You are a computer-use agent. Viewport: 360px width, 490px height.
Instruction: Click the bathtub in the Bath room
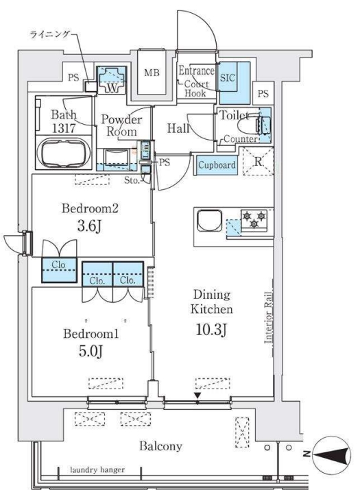point(64,153)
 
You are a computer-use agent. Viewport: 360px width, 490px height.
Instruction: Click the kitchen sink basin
point(210,220)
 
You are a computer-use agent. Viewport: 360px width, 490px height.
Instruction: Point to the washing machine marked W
point(111,80)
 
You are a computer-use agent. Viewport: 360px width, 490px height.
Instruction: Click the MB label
point(152,73)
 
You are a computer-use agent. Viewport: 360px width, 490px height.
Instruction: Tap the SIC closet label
point(228,77)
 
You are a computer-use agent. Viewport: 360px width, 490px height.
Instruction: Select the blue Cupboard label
point(217,164)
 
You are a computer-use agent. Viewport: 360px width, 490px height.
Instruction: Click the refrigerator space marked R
point(258,162)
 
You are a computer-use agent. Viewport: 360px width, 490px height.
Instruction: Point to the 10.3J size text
point(211,330)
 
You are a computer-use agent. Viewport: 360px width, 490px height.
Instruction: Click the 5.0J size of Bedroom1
point(91,351)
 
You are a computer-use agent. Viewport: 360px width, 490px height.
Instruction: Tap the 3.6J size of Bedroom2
point(89,226)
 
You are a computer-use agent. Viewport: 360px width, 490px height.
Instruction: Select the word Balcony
point(160,446)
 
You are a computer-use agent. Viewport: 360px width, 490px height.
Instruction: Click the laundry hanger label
point(97,469)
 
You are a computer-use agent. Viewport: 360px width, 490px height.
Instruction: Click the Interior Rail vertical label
point(268,317)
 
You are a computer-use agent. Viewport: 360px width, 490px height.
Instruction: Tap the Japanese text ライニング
point(49,34)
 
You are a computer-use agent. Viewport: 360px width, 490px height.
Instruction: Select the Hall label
point(178,128)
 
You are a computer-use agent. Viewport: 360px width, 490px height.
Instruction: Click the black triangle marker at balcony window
point(197,395)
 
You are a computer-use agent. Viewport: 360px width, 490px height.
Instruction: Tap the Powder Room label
point(121,125)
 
